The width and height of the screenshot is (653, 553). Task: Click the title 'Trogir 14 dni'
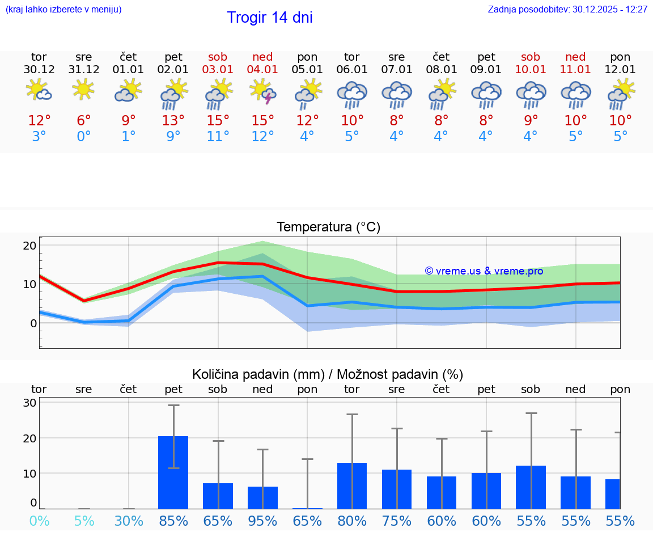(269, 18)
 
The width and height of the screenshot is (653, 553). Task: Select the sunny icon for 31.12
(83, 89)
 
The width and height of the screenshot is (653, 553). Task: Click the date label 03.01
(218, 70)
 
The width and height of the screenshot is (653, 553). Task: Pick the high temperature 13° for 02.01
(173, 120)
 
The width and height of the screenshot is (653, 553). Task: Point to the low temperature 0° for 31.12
(84, 137)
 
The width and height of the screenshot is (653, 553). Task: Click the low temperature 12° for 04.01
(262, 137)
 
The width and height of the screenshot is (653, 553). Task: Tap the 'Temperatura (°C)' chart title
(328, 227)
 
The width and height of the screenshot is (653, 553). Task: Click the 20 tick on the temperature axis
(29, 246)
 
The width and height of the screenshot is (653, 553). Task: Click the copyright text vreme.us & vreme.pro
(484, 271)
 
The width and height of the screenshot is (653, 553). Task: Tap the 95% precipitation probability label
(262, 521)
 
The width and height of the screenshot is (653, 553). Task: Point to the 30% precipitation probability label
(129, 521)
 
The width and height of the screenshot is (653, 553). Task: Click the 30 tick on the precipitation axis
(29, 403)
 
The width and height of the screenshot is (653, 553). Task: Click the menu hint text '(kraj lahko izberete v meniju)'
(63, 10)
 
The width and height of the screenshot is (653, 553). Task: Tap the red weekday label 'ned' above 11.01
(575, 57)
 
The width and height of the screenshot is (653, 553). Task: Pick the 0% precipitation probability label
(39, 521)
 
